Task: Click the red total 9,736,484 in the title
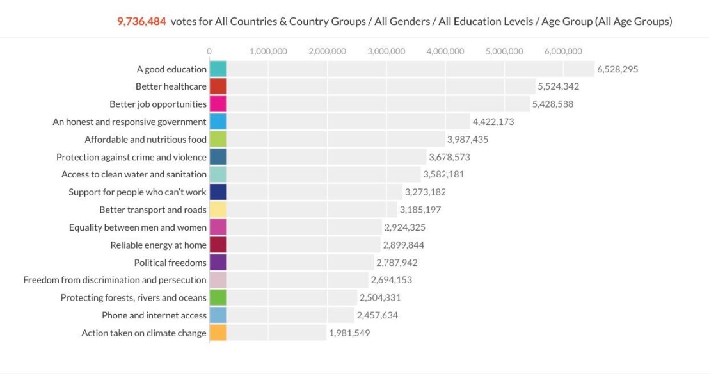(141, 21)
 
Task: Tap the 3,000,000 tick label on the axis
(386, 51)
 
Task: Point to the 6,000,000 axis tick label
(563, 51)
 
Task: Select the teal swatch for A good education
(218, 69)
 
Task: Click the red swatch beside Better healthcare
(218, 86)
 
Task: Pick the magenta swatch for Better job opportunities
(218, 104)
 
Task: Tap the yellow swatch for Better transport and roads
(218, 210)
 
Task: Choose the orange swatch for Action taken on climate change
(218, 333)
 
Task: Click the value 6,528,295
(617, 69)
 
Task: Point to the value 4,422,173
(493, 122)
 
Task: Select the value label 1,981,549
(349, 333)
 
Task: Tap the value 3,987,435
(467, 139)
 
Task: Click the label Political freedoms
(170, 263)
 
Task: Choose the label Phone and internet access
(154, 315)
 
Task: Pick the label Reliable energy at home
(158, 245)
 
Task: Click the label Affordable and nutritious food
(145, 139)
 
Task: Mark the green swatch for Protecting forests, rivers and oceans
(218, 297)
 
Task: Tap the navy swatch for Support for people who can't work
(218, 192)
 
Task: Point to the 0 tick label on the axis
(209, 51)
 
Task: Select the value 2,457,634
(378, 315)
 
